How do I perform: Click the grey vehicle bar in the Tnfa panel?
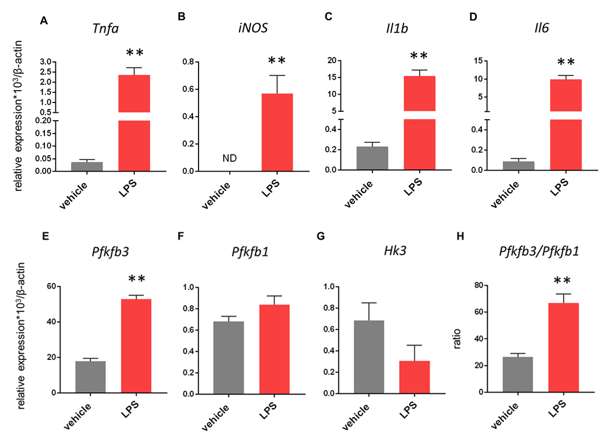point(87,166)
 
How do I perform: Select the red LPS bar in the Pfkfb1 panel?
point(274,349)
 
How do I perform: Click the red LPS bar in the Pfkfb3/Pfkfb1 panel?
point(563,347)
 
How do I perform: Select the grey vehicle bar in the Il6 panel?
point(518,166)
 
